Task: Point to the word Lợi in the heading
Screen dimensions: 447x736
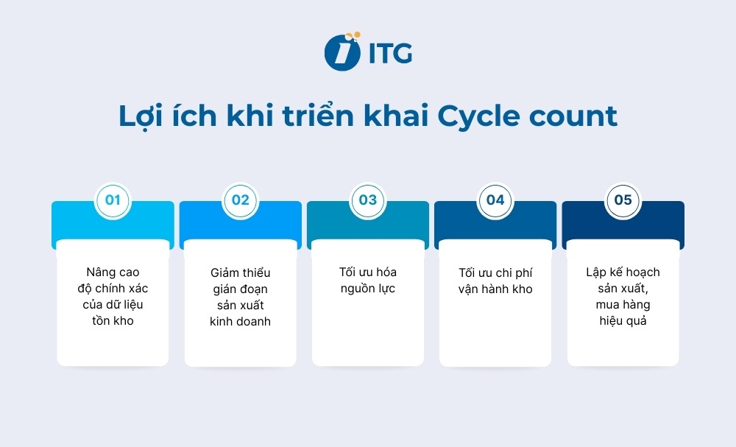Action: (146, 116)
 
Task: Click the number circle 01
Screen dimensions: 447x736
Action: (113, 200)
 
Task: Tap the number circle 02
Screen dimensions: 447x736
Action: (241, 200)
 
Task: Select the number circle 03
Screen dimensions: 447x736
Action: (368, 200)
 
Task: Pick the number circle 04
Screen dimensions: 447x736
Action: (495, 200)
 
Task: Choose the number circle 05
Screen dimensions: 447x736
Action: (623, 200)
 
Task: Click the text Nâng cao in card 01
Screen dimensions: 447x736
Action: (113, 272)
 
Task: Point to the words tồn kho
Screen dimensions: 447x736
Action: (113, 321)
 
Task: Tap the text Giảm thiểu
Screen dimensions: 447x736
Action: (241, 272)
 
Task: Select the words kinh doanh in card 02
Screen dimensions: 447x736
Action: (241, 321)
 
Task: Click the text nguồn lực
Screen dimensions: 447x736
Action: (368, 289)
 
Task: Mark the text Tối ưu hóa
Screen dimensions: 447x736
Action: (368, 272)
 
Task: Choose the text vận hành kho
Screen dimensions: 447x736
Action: (495, 289)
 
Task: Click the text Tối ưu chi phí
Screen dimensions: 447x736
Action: (495, 272)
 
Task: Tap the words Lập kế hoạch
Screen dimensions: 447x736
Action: (623, 272)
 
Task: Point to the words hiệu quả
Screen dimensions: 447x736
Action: (623, 321)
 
